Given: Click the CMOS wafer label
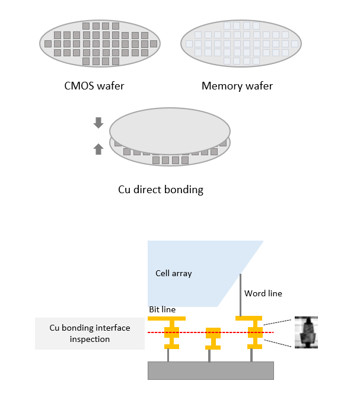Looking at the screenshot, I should coord(94,86).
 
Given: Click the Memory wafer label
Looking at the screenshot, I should coord(237,86).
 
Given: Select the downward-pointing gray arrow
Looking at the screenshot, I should coord(98,123).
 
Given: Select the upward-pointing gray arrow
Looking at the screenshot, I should coord(98,149).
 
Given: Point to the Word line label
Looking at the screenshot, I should coord(263,293).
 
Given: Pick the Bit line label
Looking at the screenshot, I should coord(163,309).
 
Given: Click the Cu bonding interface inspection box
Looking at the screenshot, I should coord(91,333).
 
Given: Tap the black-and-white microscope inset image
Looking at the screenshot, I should coord(307,332).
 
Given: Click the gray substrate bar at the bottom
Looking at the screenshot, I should coord(211,370).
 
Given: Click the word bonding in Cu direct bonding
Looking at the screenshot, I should coord(183,190).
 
